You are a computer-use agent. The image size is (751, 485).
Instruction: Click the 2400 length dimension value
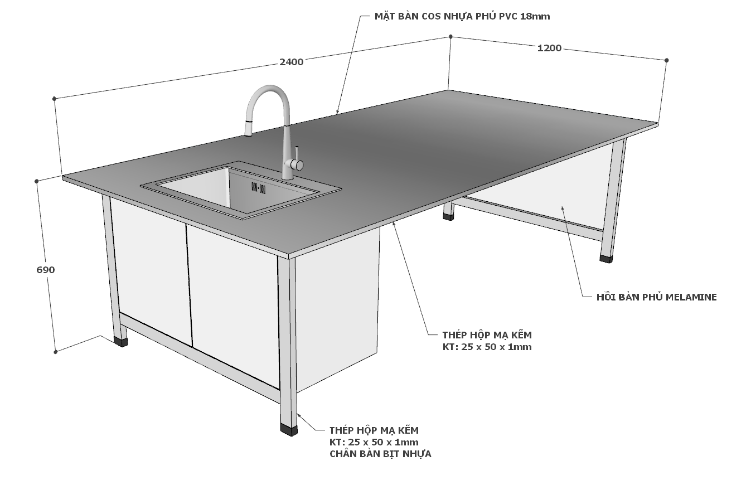292,62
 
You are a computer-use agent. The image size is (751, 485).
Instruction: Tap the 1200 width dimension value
549,48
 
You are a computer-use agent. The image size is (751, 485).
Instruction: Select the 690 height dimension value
46,270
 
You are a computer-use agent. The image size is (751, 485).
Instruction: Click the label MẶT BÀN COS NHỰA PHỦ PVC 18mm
462,16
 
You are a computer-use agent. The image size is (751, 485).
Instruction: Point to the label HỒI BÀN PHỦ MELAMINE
656,297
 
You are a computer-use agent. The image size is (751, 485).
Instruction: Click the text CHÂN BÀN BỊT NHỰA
380,454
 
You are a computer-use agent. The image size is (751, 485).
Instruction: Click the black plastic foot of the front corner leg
289,430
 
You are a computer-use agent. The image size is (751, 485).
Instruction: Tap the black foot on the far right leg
607,259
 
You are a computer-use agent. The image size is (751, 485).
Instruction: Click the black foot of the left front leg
120,342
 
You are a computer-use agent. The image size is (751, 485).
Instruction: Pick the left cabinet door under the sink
151,271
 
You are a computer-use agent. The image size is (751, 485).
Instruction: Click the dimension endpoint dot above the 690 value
37,181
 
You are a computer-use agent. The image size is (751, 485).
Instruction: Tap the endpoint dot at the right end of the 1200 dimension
666,60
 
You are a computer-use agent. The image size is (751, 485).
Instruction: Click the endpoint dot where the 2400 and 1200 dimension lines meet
450,36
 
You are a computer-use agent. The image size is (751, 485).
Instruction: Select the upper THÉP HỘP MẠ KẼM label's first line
487,335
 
